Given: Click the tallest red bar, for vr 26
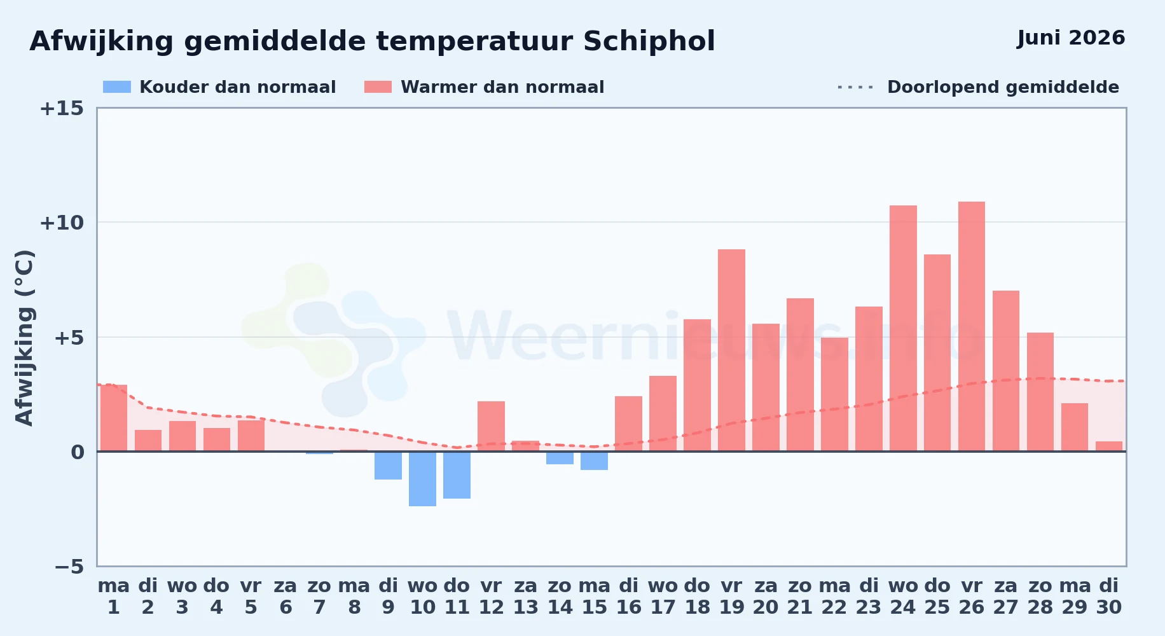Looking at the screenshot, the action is click(972, 326).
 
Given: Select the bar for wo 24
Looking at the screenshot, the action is click(903, 328).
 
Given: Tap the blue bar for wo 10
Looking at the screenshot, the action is click(422, 479).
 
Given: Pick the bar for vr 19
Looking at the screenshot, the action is click(731, 350).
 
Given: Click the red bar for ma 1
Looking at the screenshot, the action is click(114, 418).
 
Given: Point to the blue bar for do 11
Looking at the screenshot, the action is click(457, 475).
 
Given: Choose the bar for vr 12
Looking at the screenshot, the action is click(491, 426).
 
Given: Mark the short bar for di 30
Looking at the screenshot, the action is click(1109, 446).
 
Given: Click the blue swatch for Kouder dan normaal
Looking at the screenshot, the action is click(117, 87).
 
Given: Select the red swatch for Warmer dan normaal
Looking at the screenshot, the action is click(378, 87).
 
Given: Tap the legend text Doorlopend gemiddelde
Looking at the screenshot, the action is click(1003, 87).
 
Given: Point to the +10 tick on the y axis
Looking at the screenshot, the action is click(62, 223).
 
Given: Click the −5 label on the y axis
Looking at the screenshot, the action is click(69, 567).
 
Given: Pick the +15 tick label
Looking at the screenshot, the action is click(62, 108).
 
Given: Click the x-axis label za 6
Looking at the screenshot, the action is click(286, 597).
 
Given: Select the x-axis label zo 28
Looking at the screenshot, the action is click(1040, 597).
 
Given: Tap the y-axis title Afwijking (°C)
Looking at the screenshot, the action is click(24, 338).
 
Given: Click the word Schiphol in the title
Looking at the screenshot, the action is click(649, 41).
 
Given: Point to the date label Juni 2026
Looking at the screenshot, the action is click(1071, 38).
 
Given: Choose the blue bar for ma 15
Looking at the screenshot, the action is click(594, 460).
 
